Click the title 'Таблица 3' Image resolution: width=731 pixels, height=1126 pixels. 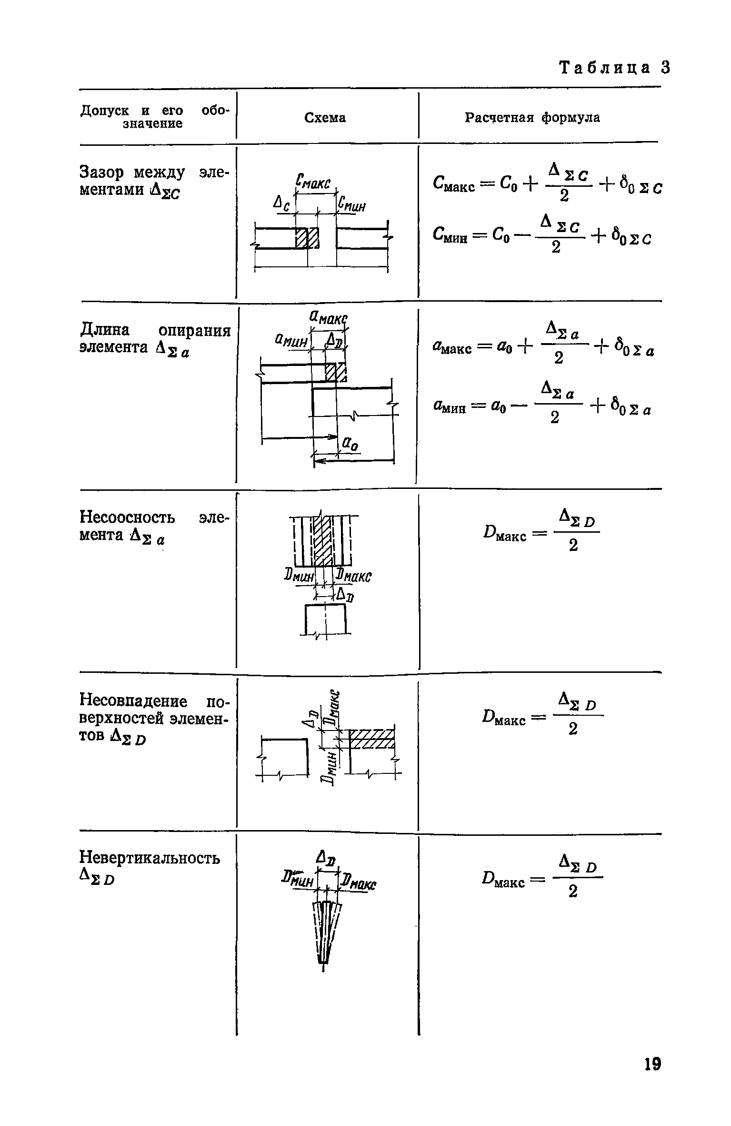(615, 68)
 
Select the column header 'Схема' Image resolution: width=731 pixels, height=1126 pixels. (325, 118)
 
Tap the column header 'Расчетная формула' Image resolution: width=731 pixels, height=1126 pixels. (532, 117)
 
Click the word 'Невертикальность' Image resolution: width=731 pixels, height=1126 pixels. (150, 858)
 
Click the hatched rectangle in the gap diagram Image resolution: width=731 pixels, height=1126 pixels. (307, 238)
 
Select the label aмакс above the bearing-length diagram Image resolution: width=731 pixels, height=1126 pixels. (328, 316)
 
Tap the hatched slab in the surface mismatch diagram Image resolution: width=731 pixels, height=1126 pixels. (372, 739)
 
